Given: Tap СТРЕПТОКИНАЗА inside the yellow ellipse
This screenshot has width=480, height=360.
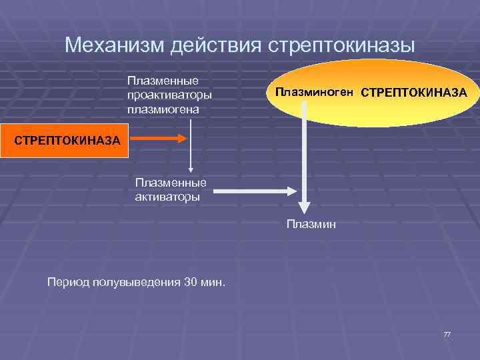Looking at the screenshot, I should click(x=414, y=92).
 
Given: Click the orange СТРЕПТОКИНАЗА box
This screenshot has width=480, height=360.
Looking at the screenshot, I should click(x=64, y=140).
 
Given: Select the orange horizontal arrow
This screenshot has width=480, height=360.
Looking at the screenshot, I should click(x=158, y=139).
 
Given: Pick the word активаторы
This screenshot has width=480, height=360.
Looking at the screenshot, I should click(x=167, y=196).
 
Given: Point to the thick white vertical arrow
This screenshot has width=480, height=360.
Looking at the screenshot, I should click(x=303, y=157).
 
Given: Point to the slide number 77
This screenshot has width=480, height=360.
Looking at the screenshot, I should click(x=447, y=333).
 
